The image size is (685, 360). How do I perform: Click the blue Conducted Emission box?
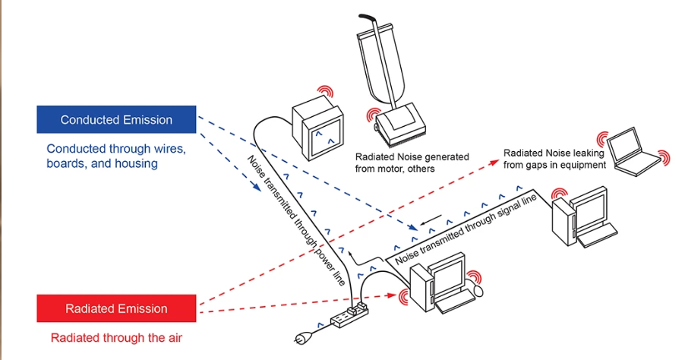click(116, 120)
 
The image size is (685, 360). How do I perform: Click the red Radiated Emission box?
click(116, 308)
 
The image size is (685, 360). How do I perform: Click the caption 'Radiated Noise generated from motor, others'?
click(412, 163)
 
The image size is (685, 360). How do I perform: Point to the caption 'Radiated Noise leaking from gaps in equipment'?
click(554, 159)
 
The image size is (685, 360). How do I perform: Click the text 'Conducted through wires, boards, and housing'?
click(115, 156)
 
